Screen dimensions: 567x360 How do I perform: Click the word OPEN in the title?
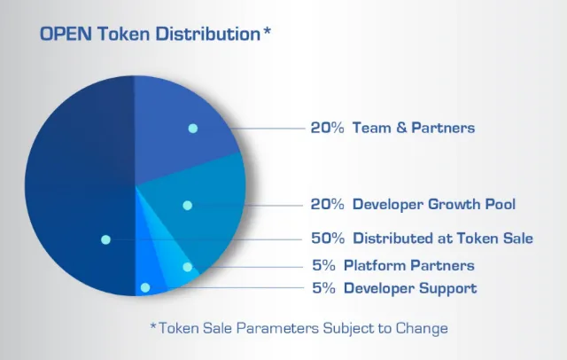tap(66, 34)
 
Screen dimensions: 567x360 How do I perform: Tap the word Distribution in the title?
tap(208, 34)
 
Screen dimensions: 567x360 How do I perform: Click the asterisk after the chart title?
tap(267, 31)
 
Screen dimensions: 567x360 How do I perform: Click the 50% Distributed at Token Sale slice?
tap(80, 185)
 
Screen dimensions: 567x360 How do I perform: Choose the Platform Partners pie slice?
tap(177, 261)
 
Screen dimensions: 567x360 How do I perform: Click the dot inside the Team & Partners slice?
tap(193, 128)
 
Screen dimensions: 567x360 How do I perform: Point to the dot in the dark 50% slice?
tap(105, 239)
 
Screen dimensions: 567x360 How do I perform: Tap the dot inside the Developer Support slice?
tap(145, 287)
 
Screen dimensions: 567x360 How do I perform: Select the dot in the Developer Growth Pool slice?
tap(187, 206)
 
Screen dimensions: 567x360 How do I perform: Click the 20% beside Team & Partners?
tap(327, 128)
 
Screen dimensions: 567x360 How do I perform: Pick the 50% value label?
tap(328, 238)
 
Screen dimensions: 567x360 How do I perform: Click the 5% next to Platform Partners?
tap(323, 266)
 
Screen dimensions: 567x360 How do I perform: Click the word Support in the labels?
tap(448, 288)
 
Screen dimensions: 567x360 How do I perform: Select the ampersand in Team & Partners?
tap(401, 128)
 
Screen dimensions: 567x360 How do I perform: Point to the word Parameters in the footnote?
tap(277, 328)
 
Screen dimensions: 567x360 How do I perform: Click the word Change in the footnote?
tap(422, 329)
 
